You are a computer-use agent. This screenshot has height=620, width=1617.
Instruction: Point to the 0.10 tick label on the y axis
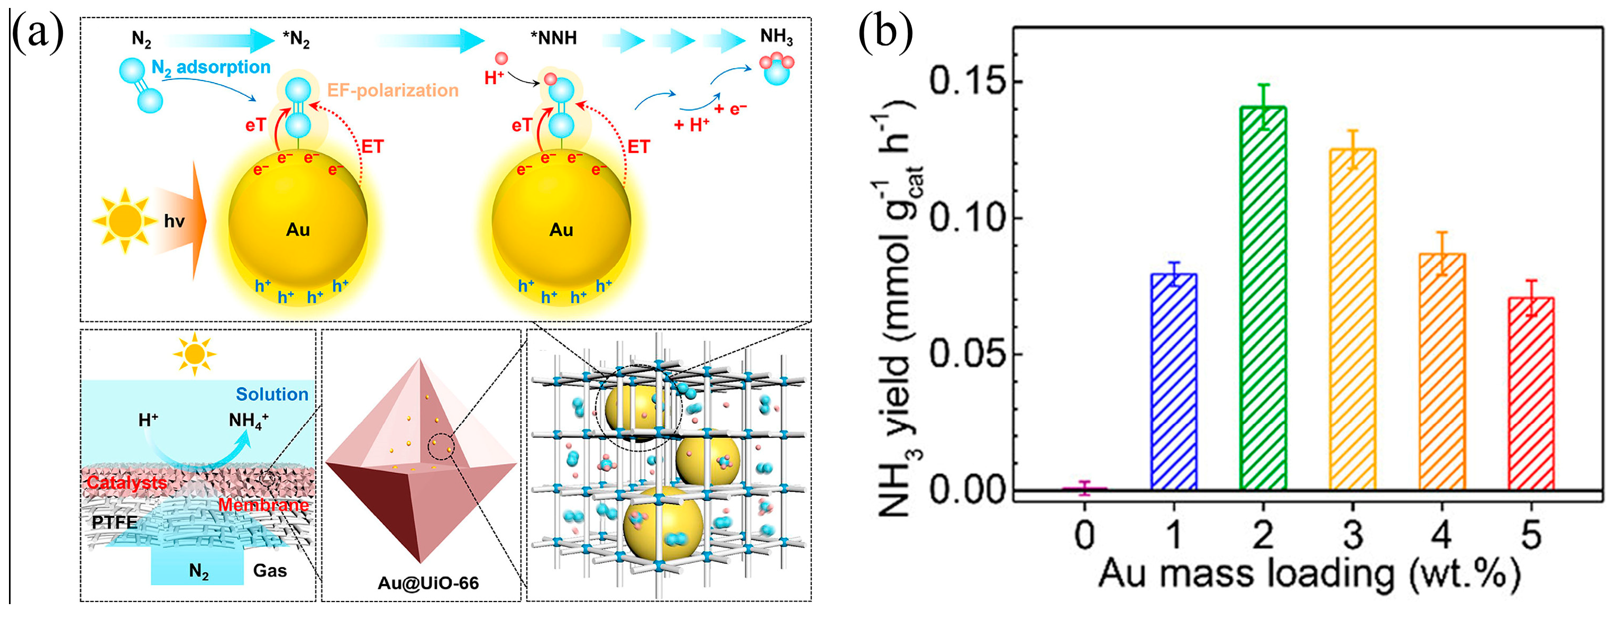[x=967, y=218]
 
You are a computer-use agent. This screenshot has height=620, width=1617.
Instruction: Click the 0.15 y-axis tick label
[x=967, y=82]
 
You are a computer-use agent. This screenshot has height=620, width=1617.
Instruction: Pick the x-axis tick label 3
[x=1353, y=535]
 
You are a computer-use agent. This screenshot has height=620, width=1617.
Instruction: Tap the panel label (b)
[x=885, y=31]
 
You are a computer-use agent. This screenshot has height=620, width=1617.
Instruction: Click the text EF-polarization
[x=393, y=91]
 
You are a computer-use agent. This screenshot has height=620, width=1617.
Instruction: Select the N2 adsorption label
[x=211, y=67]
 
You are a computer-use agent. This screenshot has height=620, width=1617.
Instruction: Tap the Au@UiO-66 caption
[x=428, y=583]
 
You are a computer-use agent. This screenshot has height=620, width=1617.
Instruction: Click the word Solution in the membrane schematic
[x=272, y=394]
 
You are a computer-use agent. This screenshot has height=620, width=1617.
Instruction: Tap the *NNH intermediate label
[x=553, y=38]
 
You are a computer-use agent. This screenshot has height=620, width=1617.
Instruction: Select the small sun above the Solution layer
[x=195, y=355]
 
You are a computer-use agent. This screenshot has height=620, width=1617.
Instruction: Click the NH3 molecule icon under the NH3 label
[x=776, y=68]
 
